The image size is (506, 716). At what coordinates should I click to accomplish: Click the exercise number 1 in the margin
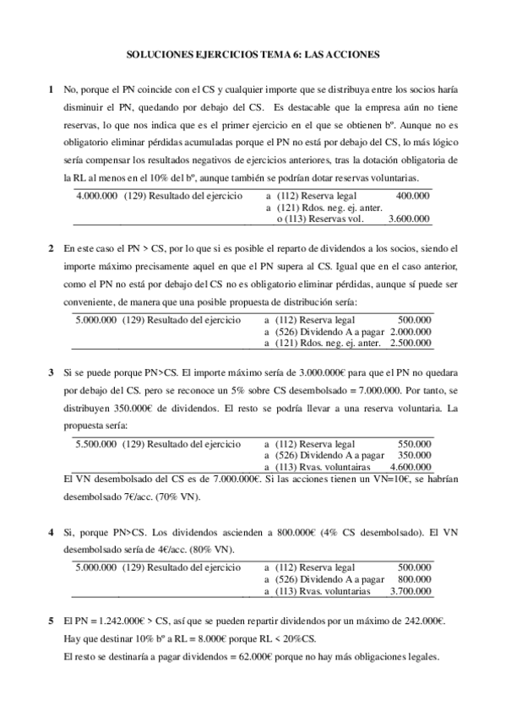coord(52,89)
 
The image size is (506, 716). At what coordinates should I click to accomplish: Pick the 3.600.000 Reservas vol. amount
coord(409,219)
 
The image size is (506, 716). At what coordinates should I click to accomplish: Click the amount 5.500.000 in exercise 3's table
coord(96,443)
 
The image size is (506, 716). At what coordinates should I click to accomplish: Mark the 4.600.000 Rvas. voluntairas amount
coord(409,467)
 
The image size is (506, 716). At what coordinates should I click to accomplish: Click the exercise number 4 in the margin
coord(52,533)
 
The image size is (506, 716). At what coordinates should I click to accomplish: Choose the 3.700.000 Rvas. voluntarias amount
coord(409,592)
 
